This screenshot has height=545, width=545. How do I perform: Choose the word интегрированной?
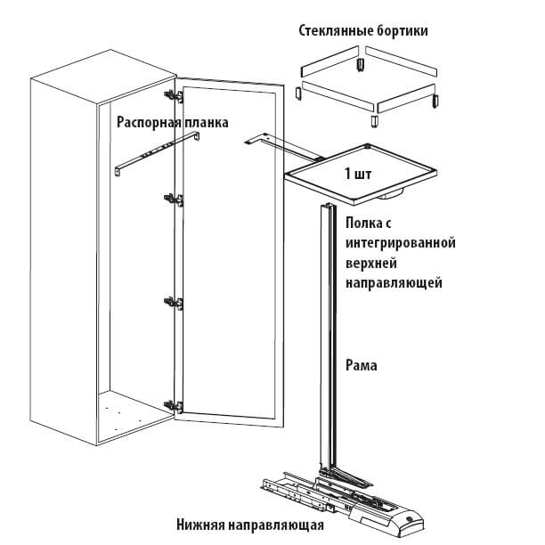coord(400,242)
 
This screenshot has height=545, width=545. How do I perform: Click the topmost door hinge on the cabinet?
coord(169,93)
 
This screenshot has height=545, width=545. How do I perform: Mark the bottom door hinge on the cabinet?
coord(176,405)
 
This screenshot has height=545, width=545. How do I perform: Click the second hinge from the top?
coord(175,199)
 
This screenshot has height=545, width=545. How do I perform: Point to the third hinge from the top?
coord(175,303)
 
